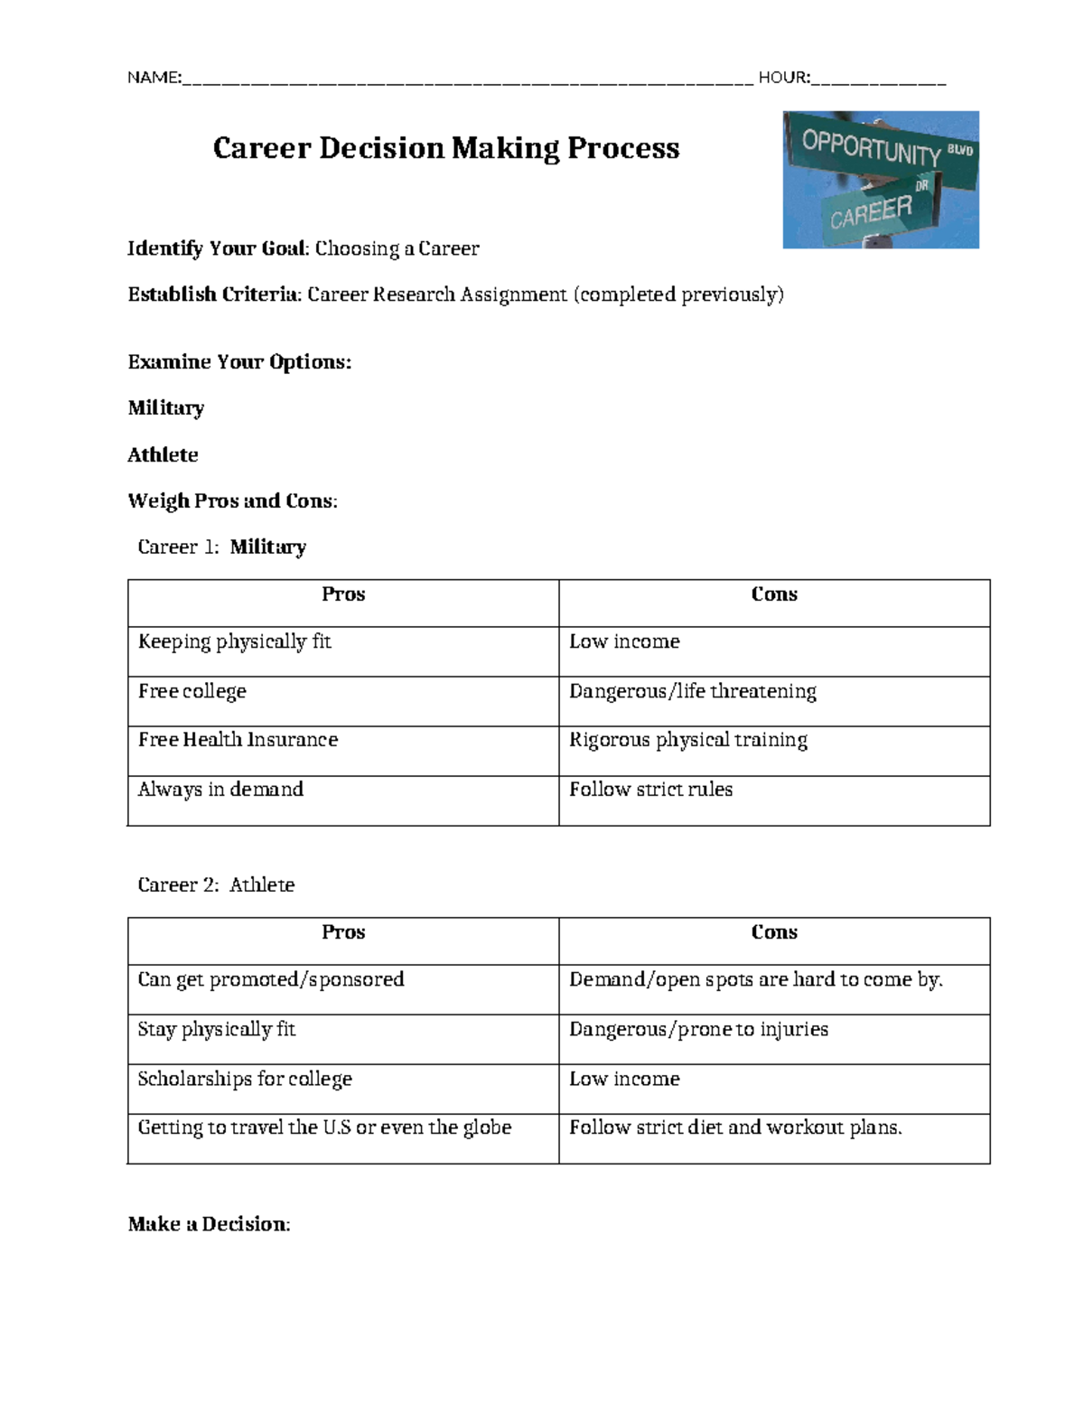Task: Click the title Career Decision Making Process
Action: (x=445, y=148)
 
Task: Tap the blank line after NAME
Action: (x=466, y=80)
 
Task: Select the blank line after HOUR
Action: (x=878, y=80)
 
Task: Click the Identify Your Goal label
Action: (x=217, y=248)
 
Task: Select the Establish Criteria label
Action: (x=213, y=295)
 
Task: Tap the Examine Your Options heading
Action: (x=239, y=362)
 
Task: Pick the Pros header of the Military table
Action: (x=343, y=594)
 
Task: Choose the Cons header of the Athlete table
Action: (x=774, y=932)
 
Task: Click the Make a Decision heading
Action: (x=209, y=1225)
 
